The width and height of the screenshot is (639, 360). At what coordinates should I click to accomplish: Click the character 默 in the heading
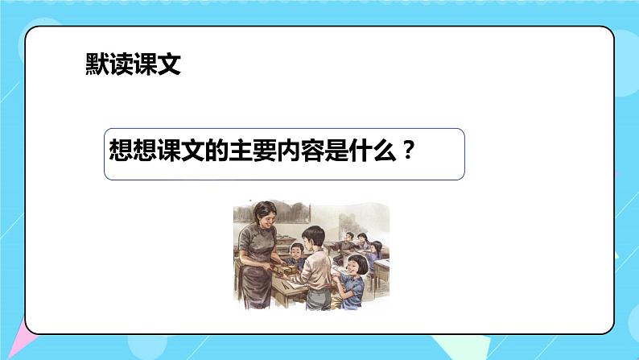coord(97,64)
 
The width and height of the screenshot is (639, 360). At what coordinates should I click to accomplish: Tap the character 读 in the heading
coord(121,64)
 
